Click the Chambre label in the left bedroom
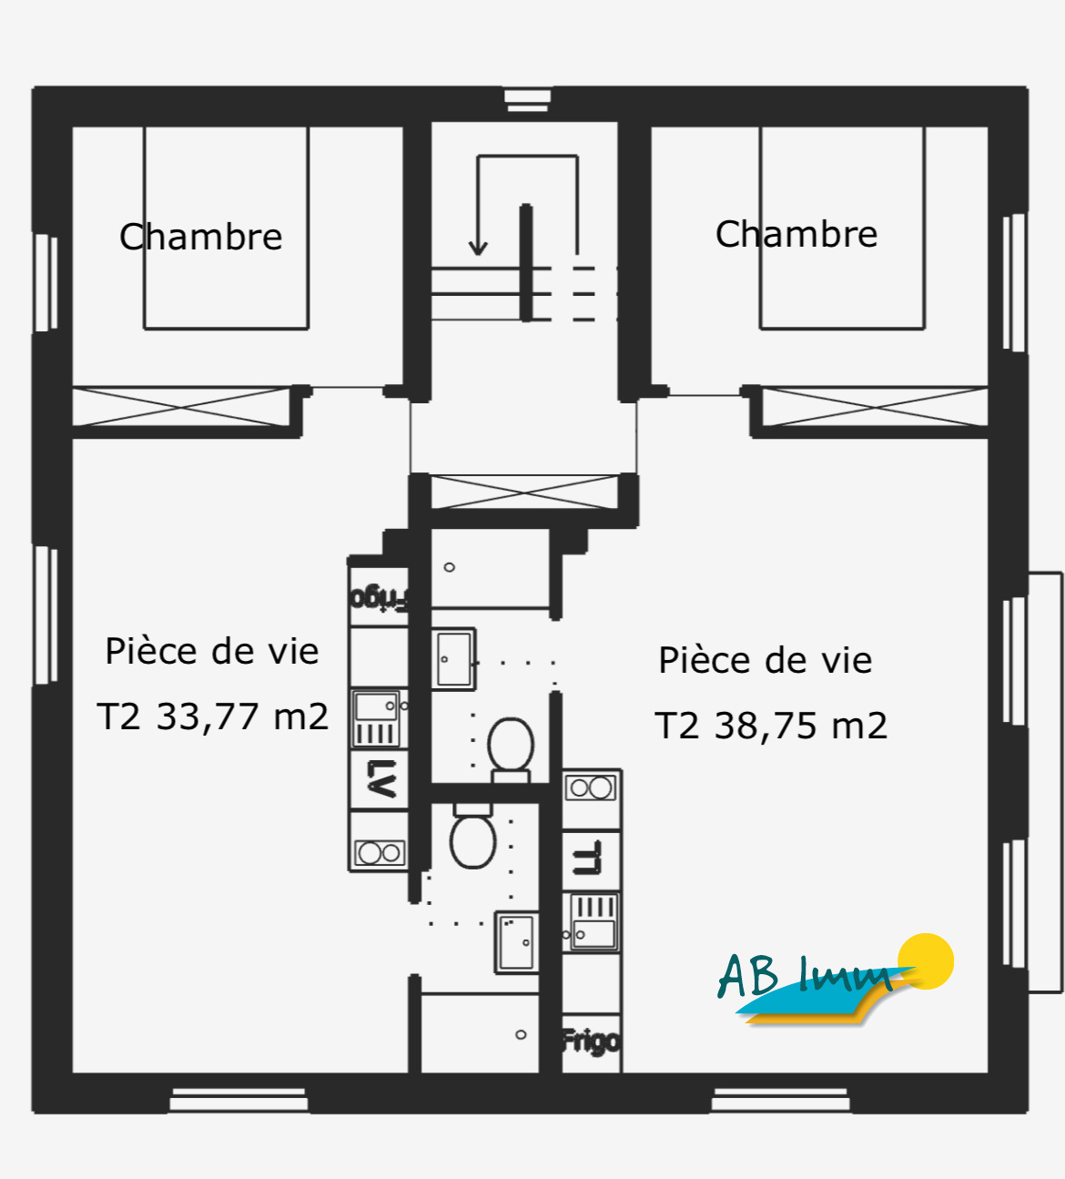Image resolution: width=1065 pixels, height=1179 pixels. click(x=201, y=237)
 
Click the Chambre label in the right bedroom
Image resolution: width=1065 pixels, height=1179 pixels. click(x=796, y=234)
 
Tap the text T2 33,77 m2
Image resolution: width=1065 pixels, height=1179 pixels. click(x=212, y=717)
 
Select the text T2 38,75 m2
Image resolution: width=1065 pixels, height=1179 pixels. click(x=771, y=726)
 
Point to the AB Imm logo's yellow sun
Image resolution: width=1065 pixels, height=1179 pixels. click(x=926, y=960)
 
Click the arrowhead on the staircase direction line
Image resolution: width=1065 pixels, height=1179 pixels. click(x=478, y=247)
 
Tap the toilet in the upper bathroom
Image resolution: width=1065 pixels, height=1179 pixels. click(x=511, y=747)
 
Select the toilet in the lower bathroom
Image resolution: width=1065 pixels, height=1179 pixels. click(x=472, y=838)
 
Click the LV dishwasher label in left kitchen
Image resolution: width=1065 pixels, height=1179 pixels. click(x=380, y=779)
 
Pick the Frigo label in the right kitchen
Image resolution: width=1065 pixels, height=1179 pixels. click(x=591, y=1041)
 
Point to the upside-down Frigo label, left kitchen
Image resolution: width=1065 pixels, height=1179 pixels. click(x=380, y=597)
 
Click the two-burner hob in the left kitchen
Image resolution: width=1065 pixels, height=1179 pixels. click(x=380, y=853)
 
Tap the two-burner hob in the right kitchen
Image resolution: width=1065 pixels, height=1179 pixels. click(x=591, y=788)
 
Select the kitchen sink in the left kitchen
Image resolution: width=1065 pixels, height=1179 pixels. click(x=378, y=719)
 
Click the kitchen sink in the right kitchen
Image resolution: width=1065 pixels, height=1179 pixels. click(x=593, y=921)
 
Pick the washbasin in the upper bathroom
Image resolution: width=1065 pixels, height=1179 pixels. click(x=453, y=658)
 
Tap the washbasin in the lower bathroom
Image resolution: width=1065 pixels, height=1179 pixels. click(x=516, y=942)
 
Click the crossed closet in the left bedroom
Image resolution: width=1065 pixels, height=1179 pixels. click(x=181, y=406)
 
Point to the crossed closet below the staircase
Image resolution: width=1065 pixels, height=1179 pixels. click(x=523, y=492)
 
